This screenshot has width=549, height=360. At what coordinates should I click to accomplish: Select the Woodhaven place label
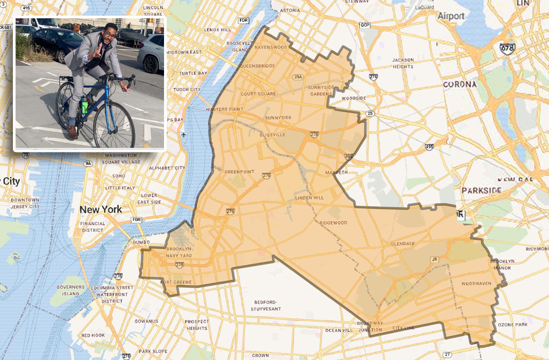[476, 283]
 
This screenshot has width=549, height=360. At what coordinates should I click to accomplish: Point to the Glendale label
[403, 243]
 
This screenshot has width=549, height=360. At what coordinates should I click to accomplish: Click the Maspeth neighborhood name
[336, 172]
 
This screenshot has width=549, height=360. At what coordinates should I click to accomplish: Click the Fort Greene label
[175, 282]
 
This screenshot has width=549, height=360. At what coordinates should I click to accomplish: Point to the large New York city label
[101, 209]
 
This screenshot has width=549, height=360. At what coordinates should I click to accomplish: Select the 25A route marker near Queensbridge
[298, 77]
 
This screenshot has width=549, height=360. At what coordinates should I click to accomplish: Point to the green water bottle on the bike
[84, 106]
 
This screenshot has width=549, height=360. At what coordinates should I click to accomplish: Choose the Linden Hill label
[309, 197]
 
